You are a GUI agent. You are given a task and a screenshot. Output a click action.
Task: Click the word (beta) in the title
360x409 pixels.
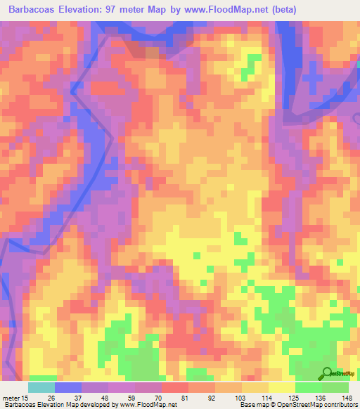point(282,10)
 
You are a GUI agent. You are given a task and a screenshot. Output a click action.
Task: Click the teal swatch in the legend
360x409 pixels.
point(41,387)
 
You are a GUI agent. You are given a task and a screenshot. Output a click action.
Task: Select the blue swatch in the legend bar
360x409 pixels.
point(68,387)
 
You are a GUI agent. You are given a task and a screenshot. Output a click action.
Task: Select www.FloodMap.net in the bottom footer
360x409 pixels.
point(148,405)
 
